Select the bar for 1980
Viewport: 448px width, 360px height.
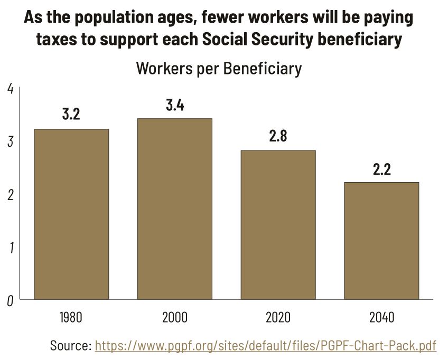pyautogui.click(x=71, y=214)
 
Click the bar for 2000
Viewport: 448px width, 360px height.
pyautogui.click(x=174, y=209)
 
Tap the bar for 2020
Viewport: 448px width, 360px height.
pyautogui.click(x=278, y=224)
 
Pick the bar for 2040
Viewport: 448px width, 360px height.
pyautogui.click(x=381, y=240)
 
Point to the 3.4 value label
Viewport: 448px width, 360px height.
pyautogui.click(x=174, y=105)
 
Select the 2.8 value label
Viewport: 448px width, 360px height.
pyautogui.click(x=278, y=136)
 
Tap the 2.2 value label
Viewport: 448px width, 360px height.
pyautogui.click(x=381, y=169)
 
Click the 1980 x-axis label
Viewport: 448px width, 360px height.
pyautogui.click(x=71, y=318)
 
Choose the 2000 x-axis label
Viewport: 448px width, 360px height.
pyautogui.click(x=174, y=318)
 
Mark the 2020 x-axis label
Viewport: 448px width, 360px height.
pyautogui.click(x=278, y=318)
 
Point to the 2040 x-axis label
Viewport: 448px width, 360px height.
pyautogui.click(x=381, y=318)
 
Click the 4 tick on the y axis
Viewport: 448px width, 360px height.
pyautogui.click(x=11, y=88)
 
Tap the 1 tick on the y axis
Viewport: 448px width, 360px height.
pyautogui.click(x=11, y=248)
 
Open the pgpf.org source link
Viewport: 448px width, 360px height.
pyautogui.click(x=265, y=346)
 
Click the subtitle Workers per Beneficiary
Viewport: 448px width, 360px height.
pyautogui.click(x=219, y=69)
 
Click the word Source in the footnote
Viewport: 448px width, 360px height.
pyautogui.click(x=70, y=346)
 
